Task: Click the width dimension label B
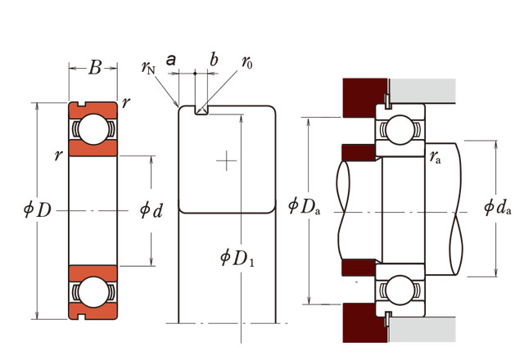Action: pos(95,67)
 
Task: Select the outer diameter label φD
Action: pos(38,210)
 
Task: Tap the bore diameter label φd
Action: pos(151,210)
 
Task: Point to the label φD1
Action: pos(237,258)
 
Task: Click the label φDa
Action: pos(304,206)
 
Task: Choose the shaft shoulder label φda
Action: pos(498,207)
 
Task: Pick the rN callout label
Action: pos(148,67)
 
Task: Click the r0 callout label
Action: pos(247,62)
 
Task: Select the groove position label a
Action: pos(171,60)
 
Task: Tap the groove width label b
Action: pos(214,60)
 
